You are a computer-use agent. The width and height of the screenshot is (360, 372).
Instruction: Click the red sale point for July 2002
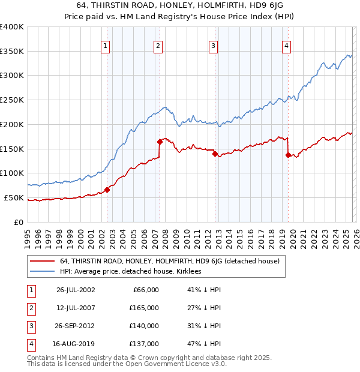[x=107, y=190]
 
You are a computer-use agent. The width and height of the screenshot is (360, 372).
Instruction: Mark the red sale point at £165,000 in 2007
[x=160, y=142]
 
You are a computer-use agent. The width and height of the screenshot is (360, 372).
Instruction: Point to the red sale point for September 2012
[x=215, y=154]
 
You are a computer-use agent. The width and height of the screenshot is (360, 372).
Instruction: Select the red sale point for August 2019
[x=288, y=155]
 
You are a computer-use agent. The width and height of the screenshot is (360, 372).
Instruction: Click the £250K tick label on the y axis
[x=12, y=100]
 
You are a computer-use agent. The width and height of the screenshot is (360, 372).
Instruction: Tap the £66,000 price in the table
[x=144, y=290]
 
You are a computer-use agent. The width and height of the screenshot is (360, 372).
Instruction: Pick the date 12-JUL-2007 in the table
[x=76, y=308]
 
